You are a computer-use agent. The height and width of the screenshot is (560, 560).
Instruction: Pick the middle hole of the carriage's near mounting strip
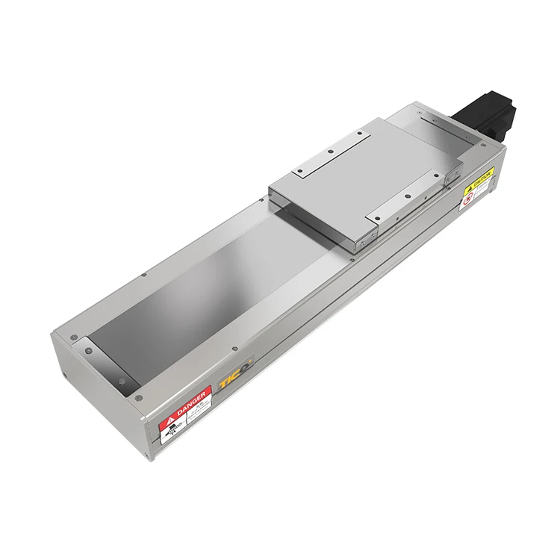406,197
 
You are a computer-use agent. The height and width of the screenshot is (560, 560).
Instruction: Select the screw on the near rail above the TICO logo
234,348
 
